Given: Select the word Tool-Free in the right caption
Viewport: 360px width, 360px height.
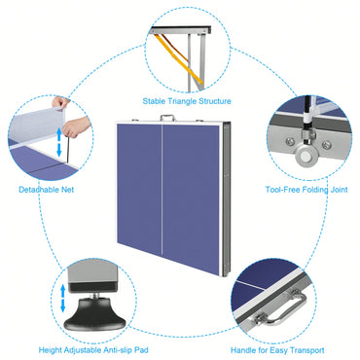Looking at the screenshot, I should click(283, 190).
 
